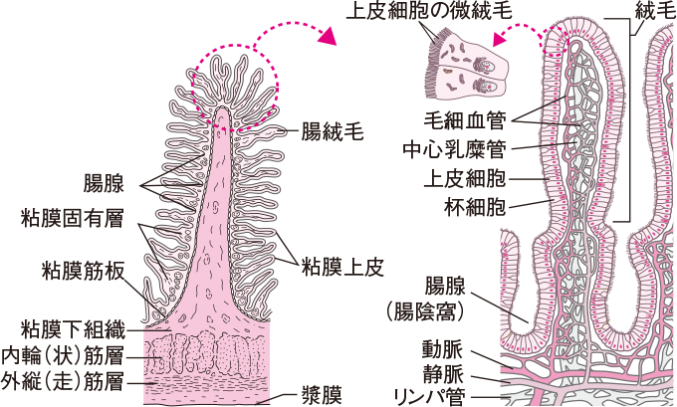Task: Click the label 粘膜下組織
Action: pos(71,327)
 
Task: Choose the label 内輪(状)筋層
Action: pos(70,353)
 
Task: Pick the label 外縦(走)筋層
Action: pos(70,379)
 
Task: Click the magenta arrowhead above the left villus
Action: pos(328,37)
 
